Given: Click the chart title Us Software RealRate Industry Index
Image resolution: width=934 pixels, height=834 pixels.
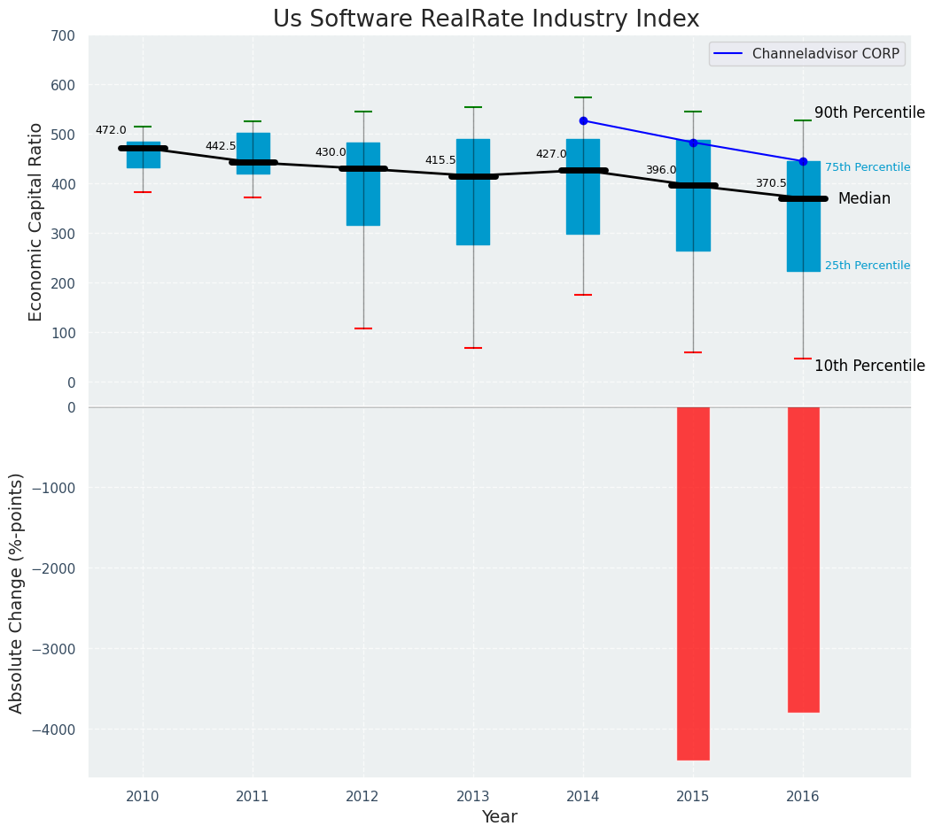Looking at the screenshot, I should coord(486,19).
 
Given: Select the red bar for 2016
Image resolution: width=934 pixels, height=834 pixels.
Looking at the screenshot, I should coord(803,559).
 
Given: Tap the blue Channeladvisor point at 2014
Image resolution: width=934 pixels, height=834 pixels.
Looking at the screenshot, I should coord(583,120).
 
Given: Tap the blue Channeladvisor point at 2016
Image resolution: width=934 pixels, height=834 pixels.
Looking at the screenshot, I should coord(803,161).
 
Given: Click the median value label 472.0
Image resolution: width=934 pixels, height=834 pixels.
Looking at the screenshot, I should coord(111,130).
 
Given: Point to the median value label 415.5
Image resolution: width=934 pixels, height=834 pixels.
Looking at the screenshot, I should coord(440,160).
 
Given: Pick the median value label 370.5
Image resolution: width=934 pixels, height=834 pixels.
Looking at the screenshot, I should coord(771,183).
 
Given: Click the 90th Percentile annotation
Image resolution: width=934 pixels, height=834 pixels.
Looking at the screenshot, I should coord(869,113).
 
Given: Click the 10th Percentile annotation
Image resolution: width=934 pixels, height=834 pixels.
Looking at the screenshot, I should coord(869,367).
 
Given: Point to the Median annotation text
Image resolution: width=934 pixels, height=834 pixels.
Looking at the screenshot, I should coord(864,199).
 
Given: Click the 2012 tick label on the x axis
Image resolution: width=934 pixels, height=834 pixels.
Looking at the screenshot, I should coord(362,797).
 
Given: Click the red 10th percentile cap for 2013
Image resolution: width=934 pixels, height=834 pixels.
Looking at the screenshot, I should coord(473,348).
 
